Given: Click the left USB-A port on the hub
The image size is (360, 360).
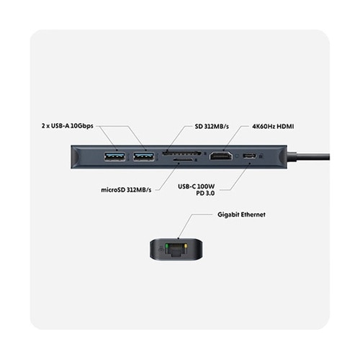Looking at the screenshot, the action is [114, 156].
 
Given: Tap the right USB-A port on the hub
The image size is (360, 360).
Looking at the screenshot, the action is [144, 156].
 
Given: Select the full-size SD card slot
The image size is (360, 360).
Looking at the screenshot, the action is [182, 153].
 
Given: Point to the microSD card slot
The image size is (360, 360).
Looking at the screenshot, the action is [183, 159].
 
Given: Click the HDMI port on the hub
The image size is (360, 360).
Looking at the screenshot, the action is [221, 156].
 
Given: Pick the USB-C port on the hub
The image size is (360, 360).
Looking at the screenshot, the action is [249, 156].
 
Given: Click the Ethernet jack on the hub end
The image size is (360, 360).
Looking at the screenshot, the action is [176, 249].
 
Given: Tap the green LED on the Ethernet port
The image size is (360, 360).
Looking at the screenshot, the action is [166, 246].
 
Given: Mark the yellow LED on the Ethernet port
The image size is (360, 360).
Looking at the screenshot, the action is [185, 246].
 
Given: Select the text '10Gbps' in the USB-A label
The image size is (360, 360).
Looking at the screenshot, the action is [82, 126].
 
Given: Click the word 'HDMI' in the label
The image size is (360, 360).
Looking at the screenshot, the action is [285, 126].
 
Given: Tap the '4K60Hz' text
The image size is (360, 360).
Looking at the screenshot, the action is [264, 126].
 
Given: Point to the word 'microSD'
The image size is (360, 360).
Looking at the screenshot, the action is [113, 189].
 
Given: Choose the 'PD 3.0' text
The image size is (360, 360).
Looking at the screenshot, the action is [205, 193].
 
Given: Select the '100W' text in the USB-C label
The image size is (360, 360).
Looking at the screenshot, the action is [206, 186].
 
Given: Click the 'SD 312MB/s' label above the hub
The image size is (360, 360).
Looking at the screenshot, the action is [212, 126].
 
